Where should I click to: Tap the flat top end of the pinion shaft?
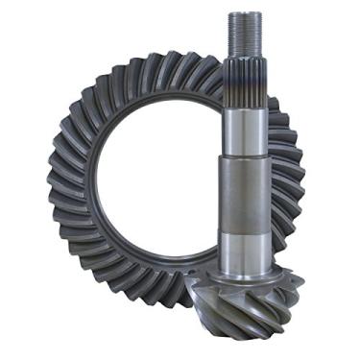[241, 12]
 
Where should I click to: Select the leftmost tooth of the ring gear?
[55, 182]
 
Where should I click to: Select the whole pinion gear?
[244, 192]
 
